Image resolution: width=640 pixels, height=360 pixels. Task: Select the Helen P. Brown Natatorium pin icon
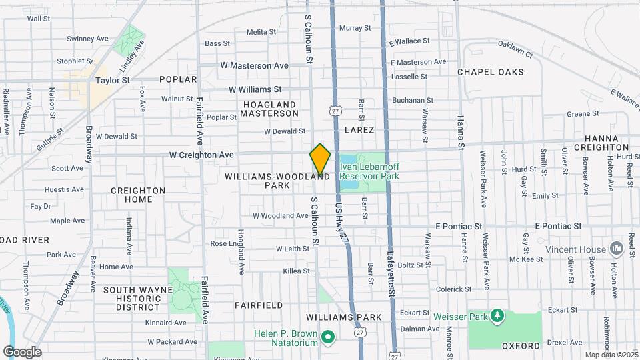327,337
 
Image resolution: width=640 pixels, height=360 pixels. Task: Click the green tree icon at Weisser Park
496,315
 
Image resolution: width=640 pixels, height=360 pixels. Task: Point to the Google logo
22,351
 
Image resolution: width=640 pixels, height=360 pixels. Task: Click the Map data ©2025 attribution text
610,355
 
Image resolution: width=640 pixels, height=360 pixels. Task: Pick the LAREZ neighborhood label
359,130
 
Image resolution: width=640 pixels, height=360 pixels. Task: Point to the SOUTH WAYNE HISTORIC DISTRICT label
132,298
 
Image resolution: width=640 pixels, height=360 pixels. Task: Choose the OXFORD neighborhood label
521,346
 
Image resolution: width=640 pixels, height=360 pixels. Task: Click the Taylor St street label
112,80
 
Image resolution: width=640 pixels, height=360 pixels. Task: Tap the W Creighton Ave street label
201,155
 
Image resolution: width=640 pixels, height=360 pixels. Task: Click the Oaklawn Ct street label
515,49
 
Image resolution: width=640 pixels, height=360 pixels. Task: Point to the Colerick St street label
453,289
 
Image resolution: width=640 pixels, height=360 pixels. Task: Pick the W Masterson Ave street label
254,66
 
